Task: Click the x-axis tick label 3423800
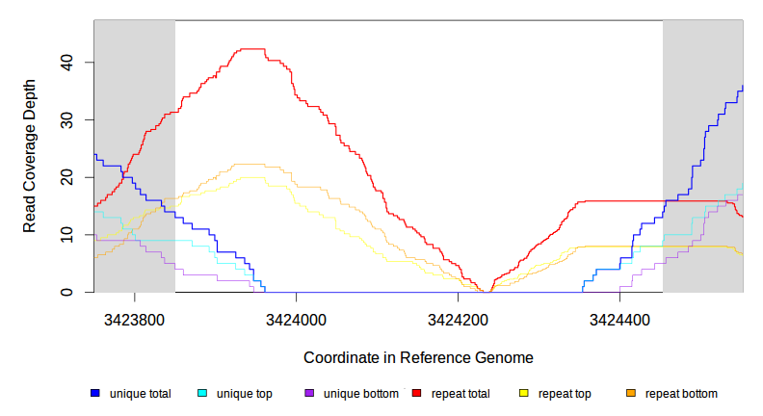[x=134, y=319]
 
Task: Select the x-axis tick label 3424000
[x=296, y=319]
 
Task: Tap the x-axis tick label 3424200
[x=458, y=319]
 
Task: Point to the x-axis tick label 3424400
[x=619, y=319]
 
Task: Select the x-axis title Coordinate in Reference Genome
[x=418, y=357]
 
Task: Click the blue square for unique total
[x=95, y=394]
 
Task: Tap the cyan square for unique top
[x=202, y=394]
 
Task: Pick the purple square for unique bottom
[x=309, y=394]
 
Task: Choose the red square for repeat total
[x=417, y=394]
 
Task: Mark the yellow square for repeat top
[x=524, y=394]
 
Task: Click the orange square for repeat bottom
[x=631, y=394]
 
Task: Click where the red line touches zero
[x=485, y=292]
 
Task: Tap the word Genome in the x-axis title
[x=507, y=357]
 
